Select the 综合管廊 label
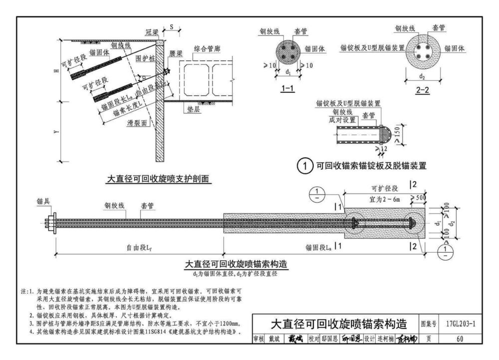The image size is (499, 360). pos(205,49)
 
